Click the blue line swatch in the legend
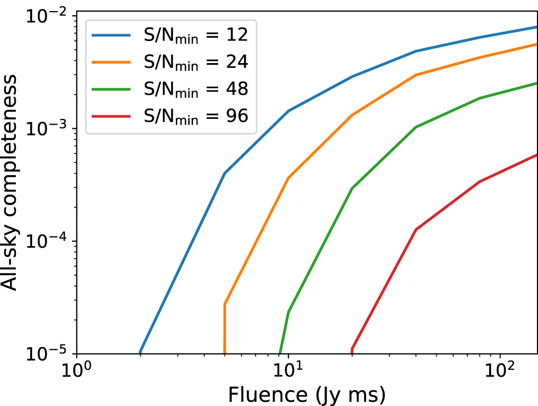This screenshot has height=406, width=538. [111, 35]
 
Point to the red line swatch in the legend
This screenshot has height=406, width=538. [111, 116]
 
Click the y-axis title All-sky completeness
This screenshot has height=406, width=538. [14, 181]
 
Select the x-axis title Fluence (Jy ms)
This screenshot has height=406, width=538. [306, 394]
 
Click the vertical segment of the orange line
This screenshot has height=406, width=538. [225, 329]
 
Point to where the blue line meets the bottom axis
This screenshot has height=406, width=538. [140, 352]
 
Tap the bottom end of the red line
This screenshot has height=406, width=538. [352, 351]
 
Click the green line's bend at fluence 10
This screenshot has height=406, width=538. [288, 312]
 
